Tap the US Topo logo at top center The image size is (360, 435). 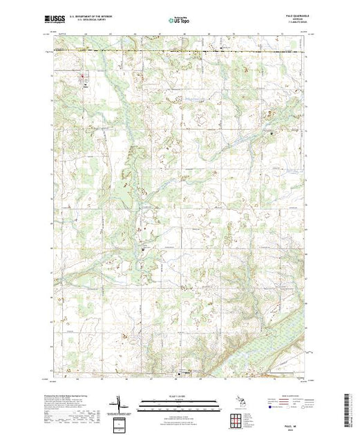point(178,20)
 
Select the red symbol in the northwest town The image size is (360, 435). point(84,76)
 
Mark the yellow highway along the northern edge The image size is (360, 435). point(180,50)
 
